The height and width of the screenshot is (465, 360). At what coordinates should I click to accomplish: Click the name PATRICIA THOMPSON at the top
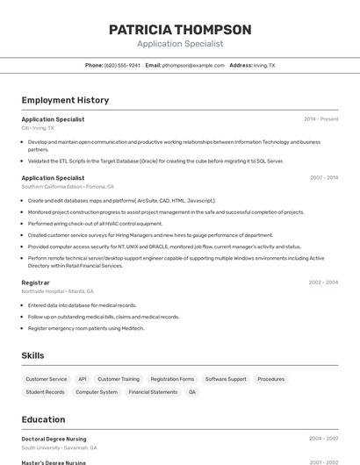pos(180,30)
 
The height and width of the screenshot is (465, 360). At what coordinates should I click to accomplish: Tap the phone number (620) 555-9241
pos(122,65)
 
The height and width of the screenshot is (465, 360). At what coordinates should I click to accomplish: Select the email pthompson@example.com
pos(193,65)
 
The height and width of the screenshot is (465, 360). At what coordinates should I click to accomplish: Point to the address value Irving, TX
pos(264,65)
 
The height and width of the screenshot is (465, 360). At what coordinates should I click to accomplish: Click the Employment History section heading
pos(65,100)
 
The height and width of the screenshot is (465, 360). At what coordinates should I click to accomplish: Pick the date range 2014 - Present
pos(320,119)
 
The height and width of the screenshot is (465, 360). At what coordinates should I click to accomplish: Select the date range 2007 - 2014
pos(323,178)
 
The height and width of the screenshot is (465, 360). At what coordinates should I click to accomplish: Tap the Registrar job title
pos(36,283)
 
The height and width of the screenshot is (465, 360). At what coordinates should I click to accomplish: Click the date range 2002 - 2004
pos(323,283)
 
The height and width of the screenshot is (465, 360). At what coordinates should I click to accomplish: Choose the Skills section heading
pos(33,355)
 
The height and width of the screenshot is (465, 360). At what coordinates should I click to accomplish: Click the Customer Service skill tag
pos(47,379)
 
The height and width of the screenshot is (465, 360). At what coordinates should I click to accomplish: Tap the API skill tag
pos(83,379)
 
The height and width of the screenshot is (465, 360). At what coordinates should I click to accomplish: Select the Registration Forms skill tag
pos(172,379)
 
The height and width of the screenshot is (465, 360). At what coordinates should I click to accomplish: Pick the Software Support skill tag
pos(226,379)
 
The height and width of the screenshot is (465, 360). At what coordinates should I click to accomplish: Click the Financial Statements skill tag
pos(153,392)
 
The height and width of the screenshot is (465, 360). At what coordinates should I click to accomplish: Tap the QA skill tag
pos(192,392)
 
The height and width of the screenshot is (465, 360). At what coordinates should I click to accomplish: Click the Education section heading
pos(44,419)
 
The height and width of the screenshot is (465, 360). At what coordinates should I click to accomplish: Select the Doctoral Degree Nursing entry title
pos(54,439)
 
